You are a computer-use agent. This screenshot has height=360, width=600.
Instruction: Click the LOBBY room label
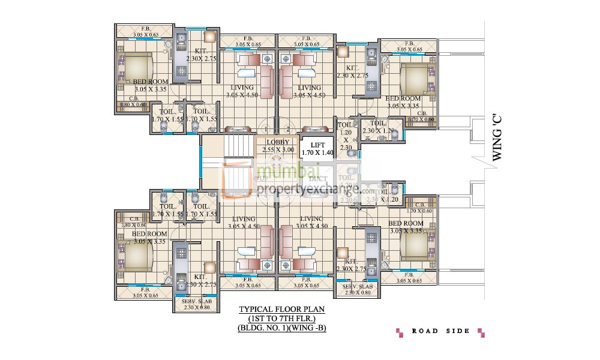click(x=277, y=142)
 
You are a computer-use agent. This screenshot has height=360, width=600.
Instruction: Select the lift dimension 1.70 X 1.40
click(x=316, y=153)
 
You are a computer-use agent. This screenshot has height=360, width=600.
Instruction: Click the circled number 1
click(x=265, y=128)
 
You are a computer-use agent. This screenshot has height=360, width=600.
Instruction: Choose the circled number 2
click(x=288, y=128)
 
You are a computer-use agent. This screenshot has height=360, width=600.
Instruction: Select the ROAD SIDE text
click(x=437, y=331)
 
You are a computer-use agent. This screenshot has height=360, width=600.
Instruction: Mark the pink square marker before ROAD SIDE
click(x=399, y=331)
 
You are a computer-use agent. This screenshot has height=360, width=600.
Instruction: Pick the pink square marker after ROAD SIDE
click(x=480, y=331)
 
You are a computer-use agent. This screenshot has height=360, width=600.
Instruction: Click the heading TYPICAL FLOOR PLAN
click(x=281, y=310)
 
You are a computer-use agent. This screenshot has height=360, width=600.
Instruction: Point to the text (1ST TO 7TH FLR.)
click(x=281, y=319)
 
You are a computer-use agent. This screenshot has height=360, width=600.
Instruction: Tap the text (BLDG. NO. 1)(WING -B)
click(x=281, y=328)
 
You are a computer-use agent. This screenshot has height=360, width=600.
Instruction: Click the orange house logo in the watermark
click(x=238, y=179)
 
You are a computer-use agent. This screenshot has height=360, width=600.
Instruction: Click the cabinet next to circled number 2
click(x=314, y=128)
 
